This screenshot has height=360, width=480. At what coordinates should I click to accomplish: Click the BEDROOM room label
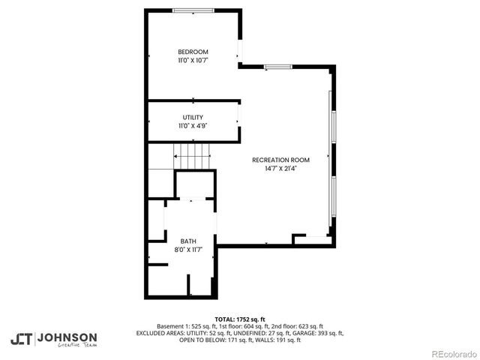[193, 52]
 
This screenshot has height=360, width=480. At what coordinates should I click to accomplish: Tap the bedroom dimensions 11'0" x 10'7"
[193, 60]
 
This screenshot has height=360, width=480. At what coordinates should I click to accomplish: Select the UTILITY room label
[193, 118]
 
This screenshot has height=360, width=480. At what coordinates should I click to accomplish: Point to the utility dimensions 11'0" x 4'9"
[193, 126]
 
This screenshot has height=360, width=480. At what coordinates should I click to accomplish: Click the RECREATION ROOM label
[280, 160]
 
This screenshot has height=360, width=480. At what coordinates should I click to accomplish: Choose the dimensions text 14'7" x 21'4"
[280, 169]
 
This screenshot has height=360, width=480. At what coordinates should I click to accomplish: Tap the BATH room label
[187, 241]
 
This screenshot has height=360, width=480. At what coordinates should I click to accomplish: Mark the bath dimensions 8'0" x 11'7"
[187, 249]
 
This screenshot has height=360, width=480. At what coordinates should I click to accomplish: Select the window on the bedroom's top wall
[192, 10]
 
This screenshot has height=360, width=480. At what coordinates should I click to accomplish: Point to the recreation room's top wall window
[277, 67]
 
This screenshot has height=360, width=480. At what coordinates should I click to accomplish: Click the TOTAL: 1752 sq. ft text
[239, 319]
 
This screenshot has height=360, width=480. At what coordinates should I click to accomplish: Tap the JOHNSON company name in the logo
[67, 337]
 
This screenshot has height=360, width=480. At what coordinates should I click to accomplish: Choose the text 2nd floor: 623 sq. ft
[295, 326]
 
